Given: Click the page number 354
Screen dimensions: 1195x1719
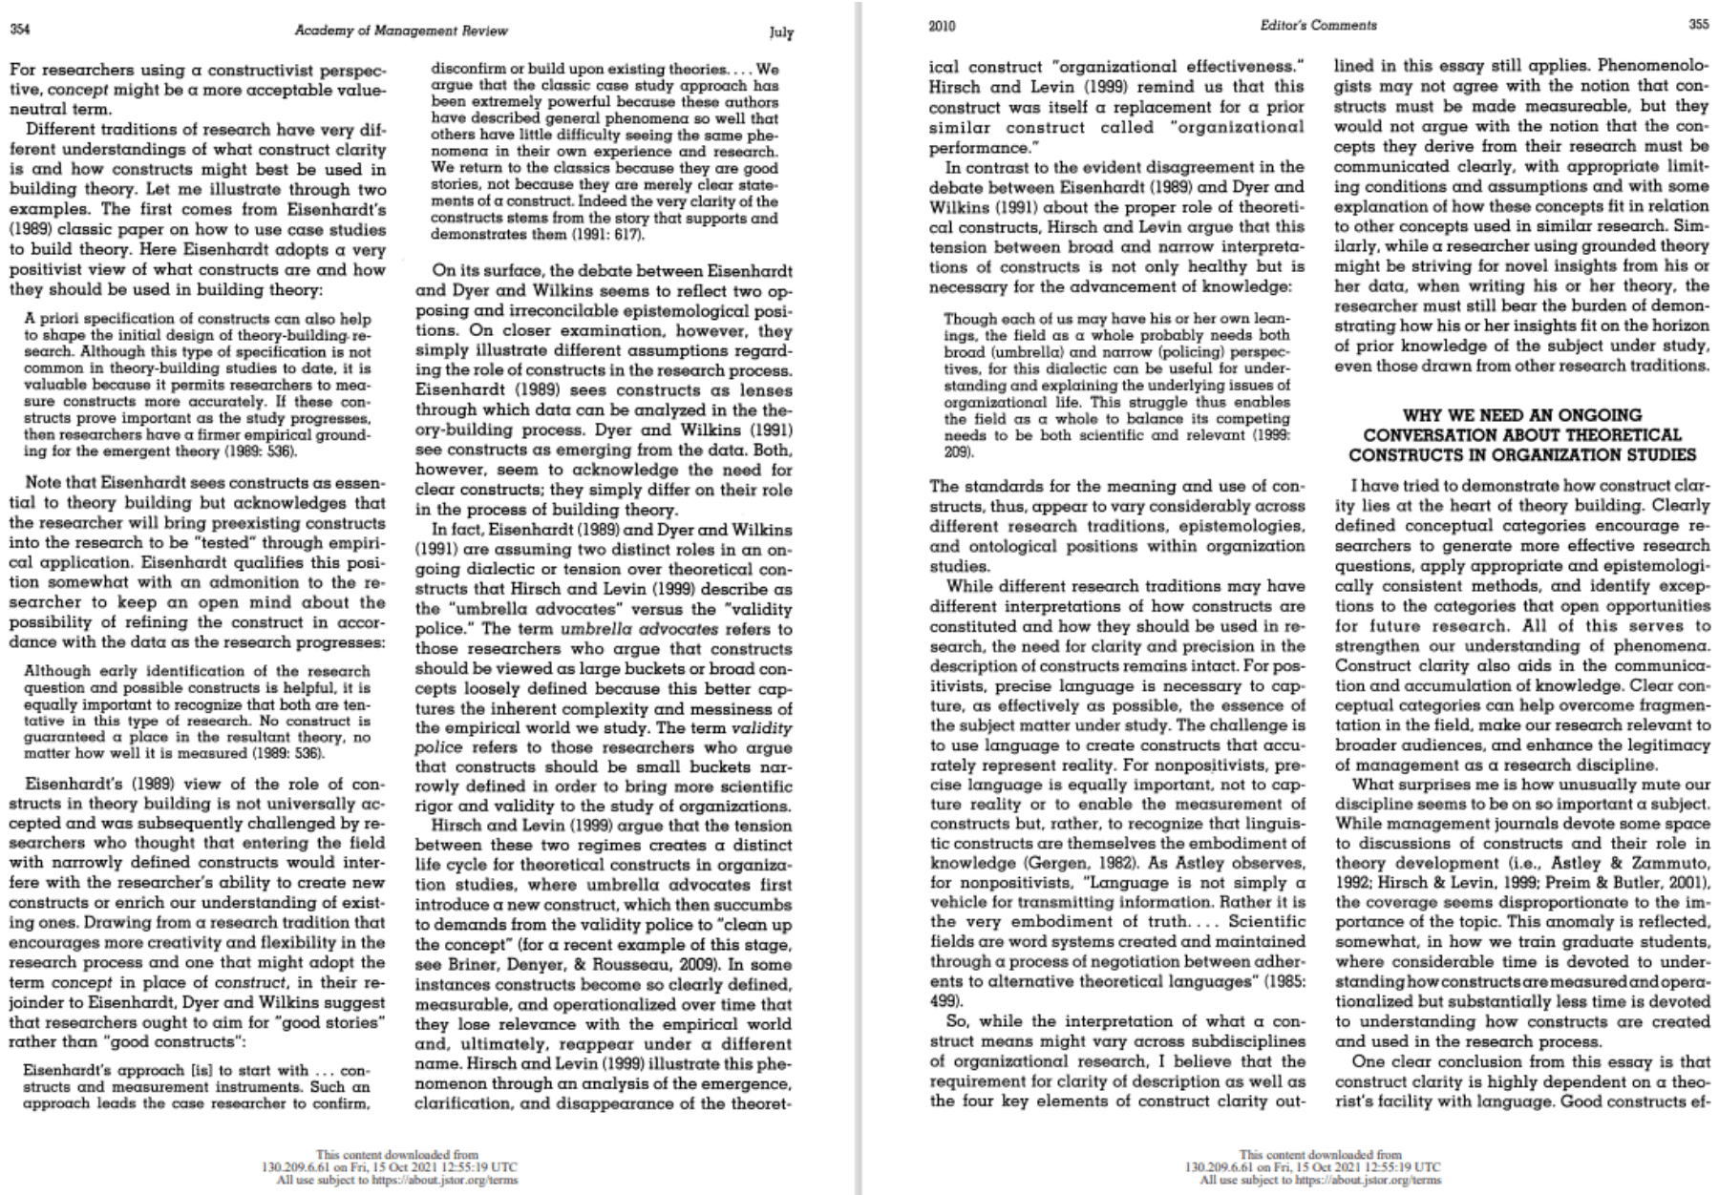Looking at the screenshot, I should (x=19, y=30).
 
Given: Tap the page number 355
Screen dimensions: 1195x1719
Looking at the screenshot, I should (x=1698, y=25).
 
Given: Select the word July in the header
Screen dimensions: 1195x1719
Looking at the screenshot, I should (x=780, y=32).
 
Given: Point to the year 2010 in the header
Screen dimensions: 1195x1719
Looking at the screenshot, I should (x=942, y=26).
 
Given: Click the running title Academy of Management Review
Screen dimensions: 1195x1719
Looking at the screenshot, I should (x=401, y=31).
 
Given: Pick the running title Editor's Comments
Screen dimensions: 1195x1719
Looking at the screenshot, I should (x=1318, y=26).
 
